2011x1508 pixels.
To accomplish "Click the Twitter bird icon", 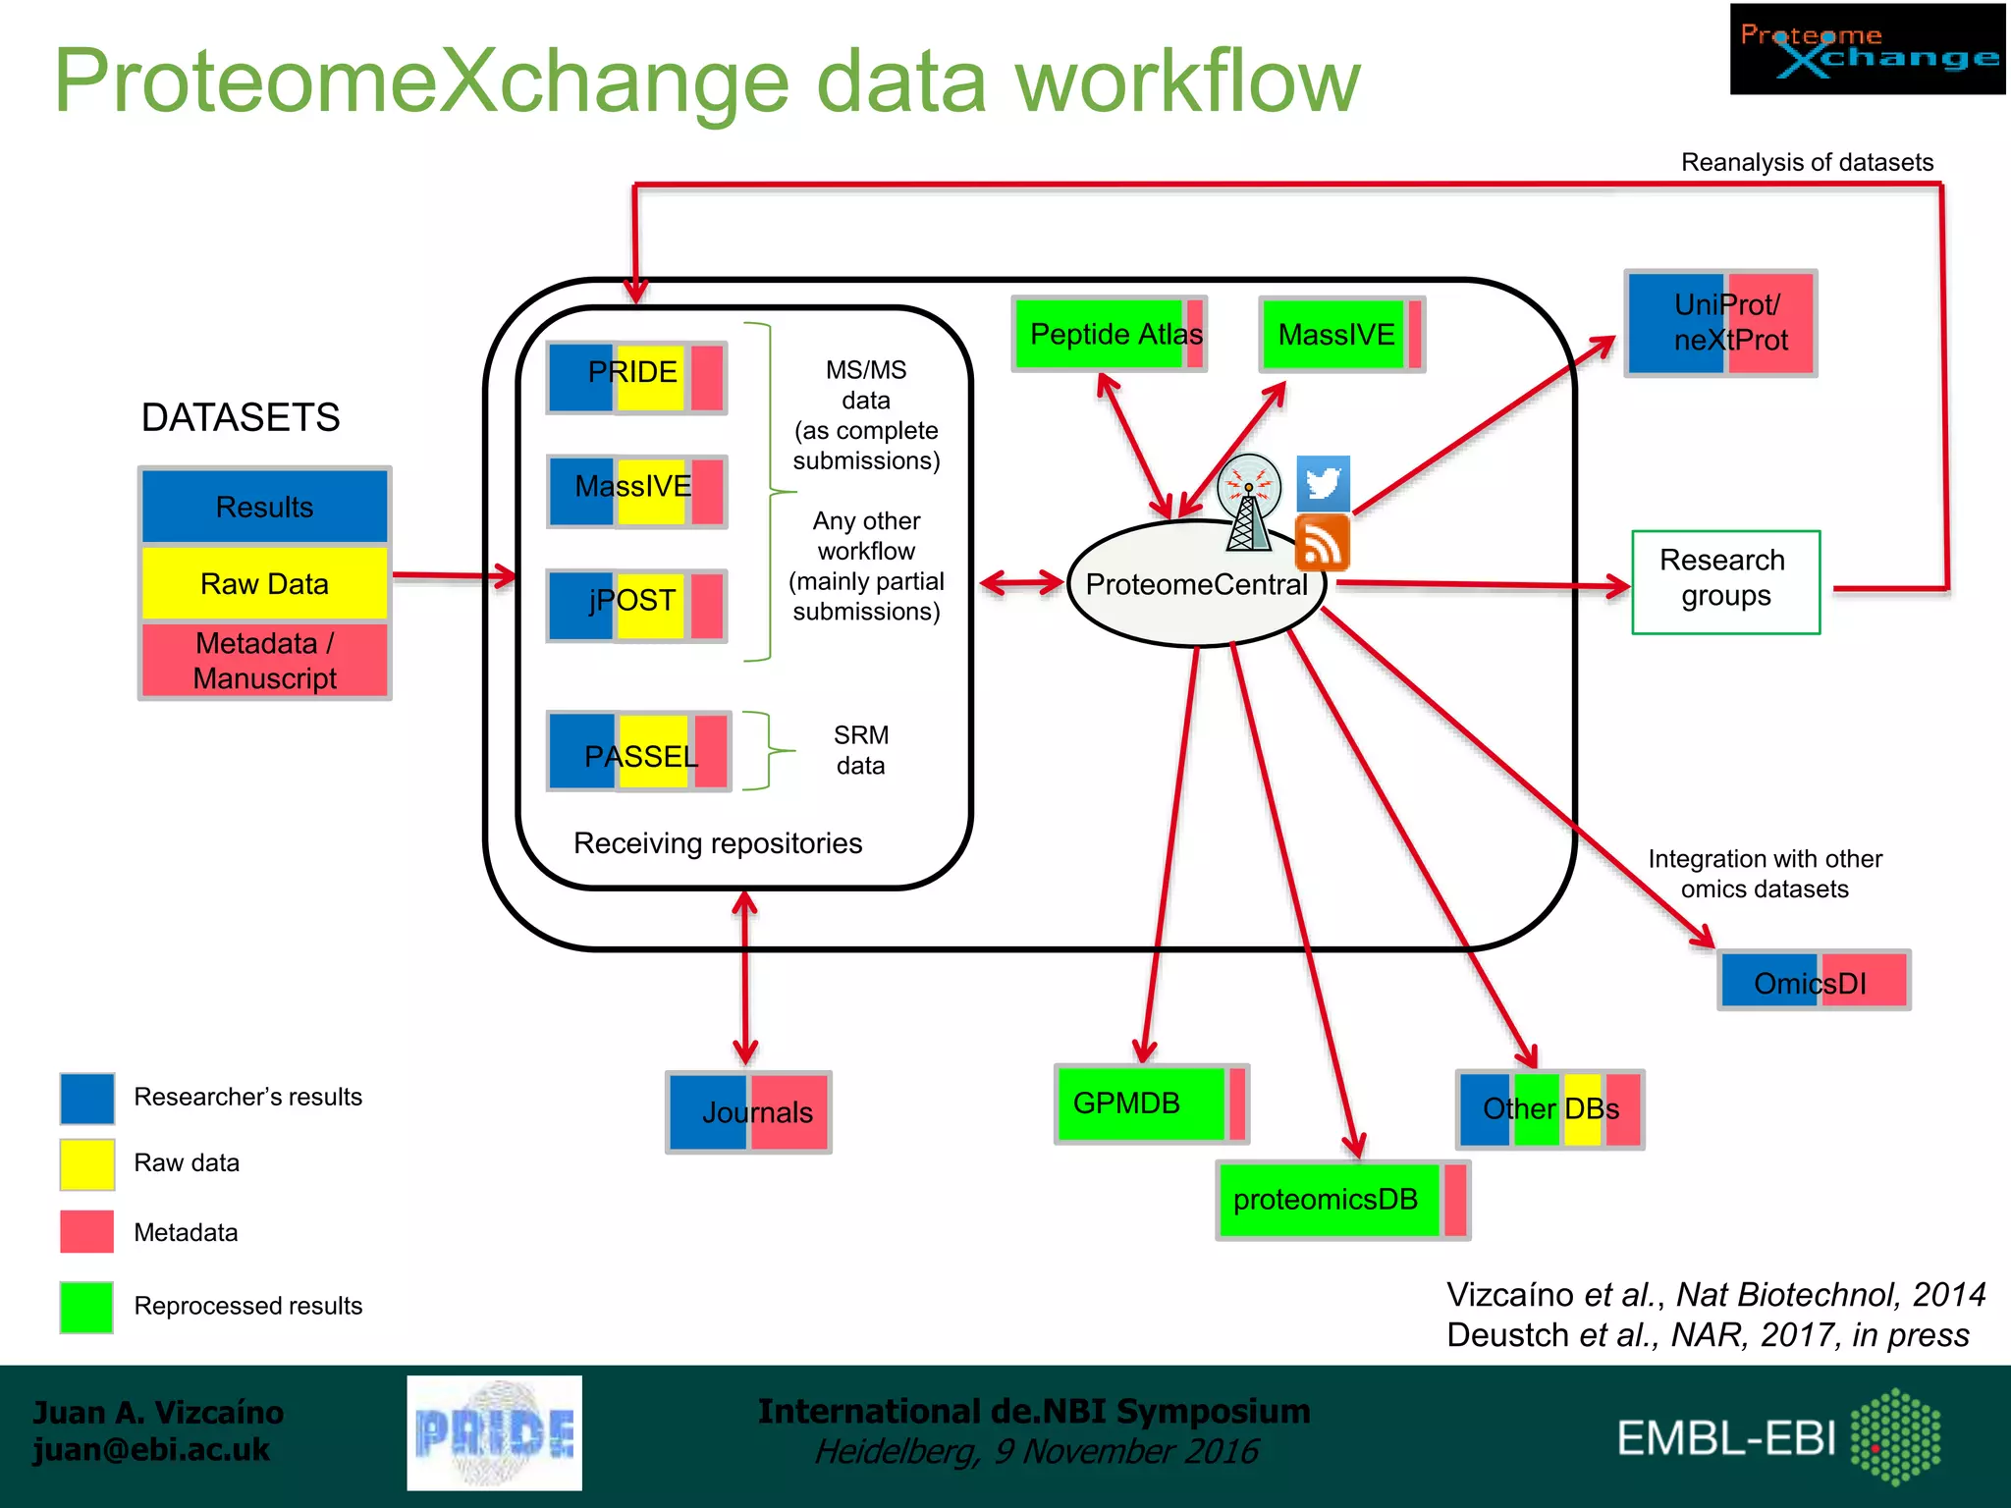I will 1323,482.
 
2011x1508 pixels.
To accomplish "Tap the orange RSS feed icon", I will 1323,543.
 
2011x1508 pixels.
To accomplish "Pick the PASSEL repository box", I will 639,751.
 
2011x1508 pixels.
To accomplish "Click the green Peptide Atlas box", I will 1109,335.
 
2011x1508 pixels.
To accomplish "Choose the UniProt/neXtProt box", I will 1720,323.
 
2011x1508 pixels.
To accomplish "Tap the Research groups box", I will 1725,581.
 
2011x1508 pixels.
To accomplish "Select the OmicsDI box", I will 1813,980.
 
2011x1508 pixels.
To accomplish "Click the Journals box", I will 748,1111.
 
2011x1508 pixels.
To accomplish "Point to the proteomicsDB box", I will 1341,1200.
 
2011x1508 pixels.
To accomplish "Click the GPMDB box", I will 1151,1104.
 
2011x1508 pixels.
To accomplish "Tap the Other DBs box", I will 1549,1109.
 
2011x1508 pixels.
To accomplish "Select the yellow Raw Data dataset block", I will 265,583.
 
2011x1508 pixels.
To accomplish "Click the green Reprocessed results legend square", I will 86,1307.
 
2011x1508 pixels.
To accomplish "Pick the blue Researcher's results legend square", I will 86,1098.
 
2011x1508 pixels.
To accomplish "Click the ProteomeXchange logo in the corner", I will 1867,49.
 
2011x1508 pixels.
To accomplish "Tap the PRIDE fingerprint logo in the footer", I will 494,1432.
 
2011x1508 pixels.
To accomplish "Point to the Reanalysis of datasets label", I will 1807,162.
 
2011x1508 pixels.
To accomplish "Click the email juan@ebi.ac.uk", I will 151,1450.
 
